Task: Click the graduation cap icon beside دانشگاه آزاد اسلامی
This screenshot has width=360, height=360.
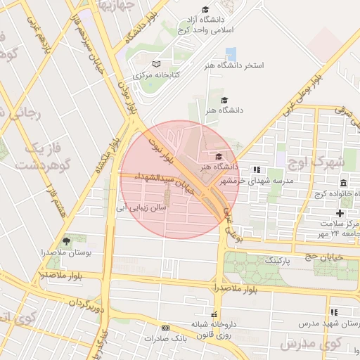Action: click(x=205, y=10)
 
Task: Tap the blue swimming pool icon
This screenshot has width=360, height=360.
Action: click(x=231, y=53)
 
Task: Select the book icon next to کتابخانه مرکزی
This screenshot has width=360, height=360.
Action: click(x=156, y=64)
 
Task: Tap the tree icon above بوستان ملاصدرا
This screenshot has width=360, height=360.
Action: click(x=67, y=241)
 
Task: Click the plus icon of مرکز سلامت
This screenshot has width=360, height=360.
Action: click(x=340, y=213)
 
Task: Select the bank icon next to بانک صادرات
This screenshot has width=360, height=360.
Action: click(x=165, y=328)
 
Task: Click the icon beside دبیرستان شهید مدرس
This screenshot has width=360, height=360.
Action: click(x=334, y=312)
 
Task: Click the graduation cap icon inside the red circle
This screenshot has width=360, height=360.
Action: click(x=219, y=156)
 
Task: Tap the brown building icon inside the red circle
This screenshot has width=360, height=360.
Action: click(x=166, y=193)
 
